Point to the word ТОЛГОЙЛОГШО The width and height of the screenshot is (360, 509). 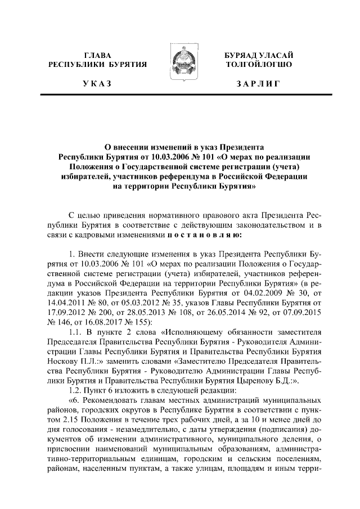tap(258, 65)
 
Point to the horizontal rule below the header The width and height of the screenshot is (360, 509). tap(180, 98)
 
